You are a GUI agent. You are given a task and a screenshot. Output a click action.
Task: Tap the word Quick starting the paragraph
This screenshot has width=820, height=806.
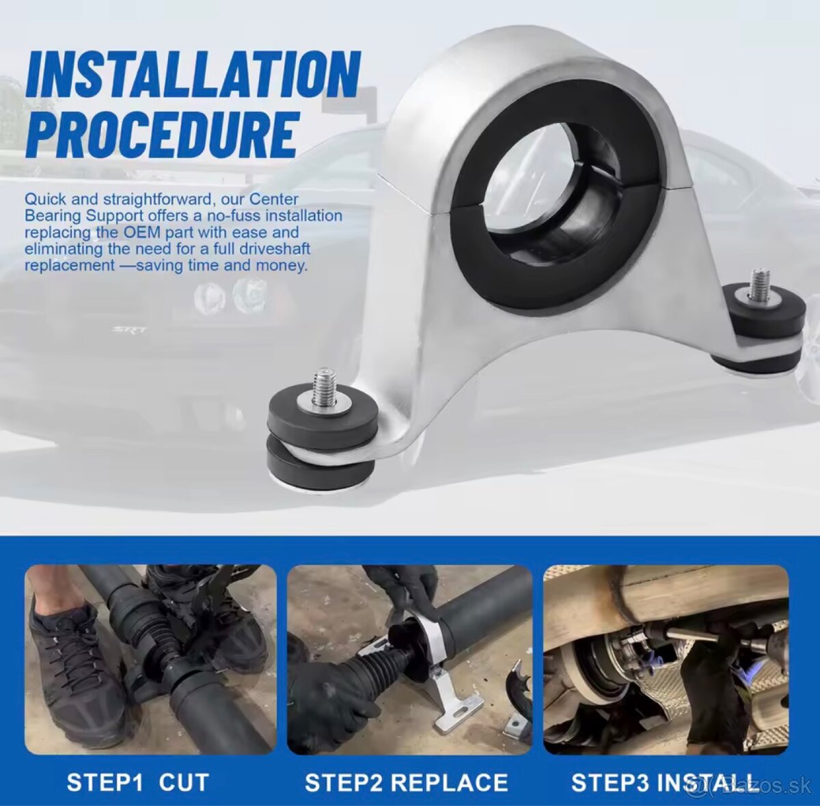tap(44, 199)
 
